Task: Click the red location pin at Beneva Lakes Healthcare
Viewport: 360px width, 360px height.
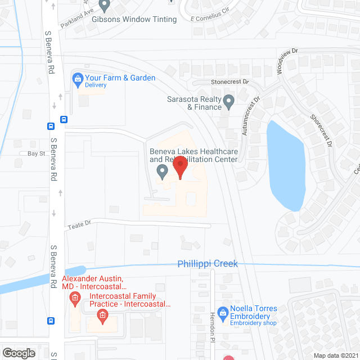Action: click(180, 167)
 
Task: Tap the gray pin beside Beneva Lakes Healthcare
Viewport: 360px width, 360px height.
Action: click(163, 171)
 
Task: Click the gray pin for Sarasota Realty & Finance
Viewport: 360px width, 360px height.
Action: click(228, 102)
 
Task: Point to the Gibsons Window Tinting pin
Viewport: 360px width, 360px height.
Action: click(105, 6)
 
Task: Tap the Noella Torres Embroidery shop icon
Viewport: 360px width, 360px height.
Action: click(223, 310)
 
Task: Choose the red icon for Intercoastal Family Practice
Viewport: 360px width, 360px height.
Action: click(102, 316)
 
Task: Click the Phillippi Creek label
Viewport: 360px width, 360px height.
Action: click(208, 263)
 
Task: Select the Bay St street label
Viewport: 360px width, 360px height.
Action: click(35, 153)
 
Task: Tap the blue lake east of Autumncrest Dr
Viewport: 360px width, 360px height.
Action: click(287, 166)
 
